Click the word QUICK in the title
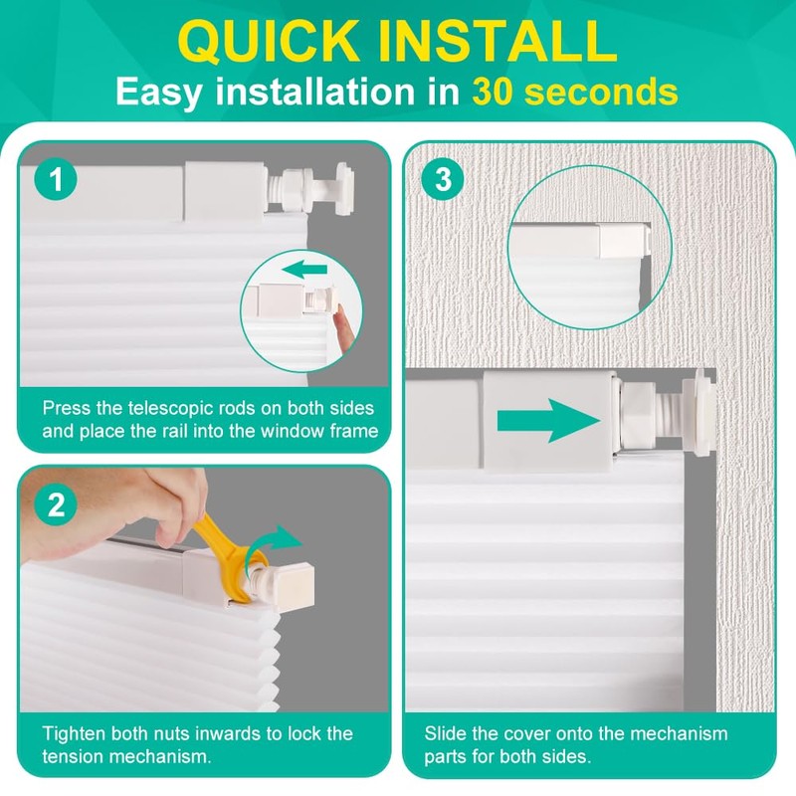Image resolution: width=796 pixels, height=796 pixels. pyautogui.click(x=268, y=42)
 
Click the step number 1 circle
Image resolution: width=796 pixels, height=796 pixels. pyautogui.click(x=56, y=179)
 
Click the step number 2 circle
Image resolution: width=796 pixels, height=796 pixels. pyautogui.click(x=56, y=504)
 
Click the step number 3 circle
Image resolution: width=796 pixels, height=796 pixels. pyautogui.click(x=443, y=179)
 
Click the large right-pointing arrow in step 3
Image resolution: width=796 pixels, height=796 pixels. pyautogui.click(x=548, y=420)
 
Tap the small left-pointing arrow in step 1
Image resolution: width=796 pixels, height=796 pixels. pyautogui.click(x=304, y=269)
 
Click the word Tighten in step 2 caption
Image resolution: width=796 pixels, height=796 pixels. pyautogui.click(x=74, y=733)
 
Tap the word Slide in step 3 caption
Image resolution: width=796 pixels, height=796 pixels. pyautogui.click(x=446, y=733)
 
